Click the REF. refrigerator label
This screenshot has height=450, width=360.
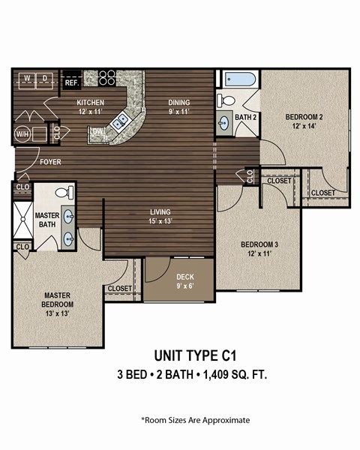(x=72, y=82)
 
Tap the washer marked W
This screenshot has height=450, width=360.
(x=26, y=78)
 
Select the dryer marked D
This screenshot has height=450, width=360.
(x=45, y=78)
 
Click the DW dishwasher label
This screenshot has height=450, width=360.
(x=97, y=132)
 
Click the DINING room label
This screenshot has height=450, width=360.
(x=178, y=103)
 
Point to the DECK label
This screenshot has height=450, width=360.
(x=184, y=276)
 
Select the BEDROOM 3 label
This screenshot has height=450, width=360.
(x=259, y=244)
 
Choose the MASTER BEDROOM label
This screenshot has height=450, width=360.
(x=58, y=300)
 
